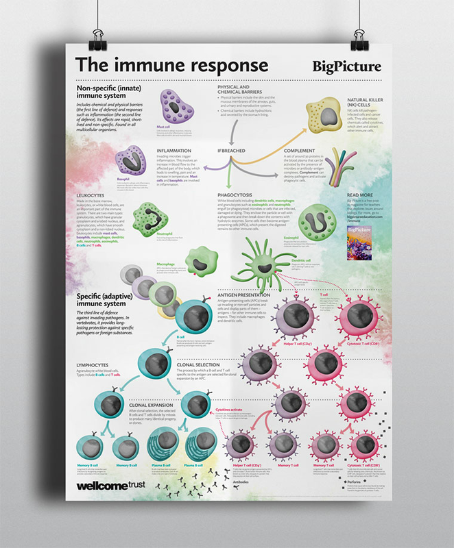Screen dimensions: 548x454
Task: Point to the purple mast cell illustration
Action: click(178, 106)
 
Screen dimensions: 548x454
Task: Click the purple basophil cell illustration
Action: click(131, 160)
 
